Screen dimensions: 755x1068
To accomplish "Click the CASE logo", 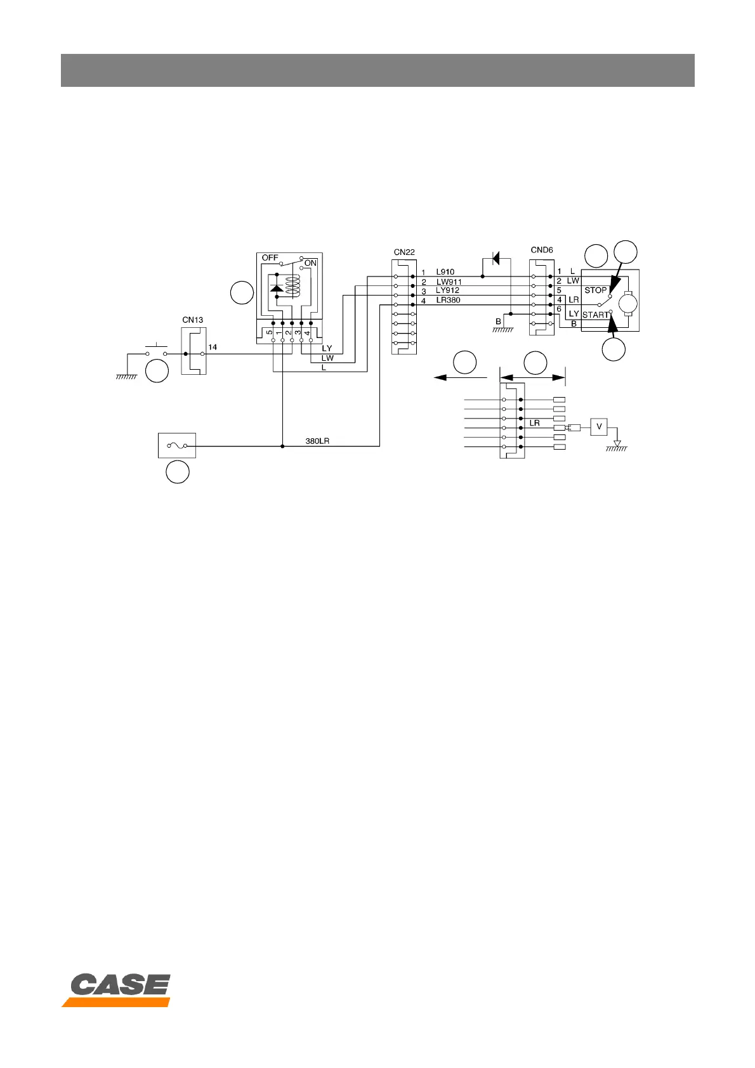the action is (117, 989).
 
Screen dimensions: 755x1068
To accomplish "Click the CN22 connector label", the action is (404, 252).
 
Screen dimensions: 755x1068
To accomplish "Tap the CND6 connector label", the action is (542, 250).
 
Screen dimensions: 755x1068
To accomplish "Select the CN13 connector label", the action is (192, 320).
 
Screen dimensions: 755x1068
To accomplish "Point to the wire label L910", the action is (445, 272).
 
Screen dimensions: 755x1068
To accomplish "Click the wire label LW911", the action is (449, 282).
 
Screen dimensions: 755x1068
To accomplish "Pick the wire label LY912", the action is (447, 290).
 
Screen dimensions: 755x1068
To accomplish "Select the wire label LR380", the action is (448, 300).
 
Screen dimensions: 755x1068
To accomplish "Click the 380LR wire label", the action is (317, 441).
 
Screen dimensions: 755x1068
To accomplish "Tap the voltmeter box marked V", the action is (599, 427).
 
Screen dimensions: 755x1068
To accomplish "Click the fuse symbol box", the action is (176, 446).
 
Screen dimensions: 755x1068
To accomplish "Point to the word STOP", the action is (595, 290).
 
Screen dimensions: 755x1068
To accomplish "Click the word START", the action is (594, 315).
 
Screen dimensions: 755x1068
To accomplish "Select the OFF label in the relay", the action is (270, 258).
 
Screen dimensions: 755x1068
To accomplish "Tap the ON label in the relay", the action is (310, 263).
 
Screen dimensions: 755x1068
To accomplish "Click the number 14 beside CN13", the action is (213, 348).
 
